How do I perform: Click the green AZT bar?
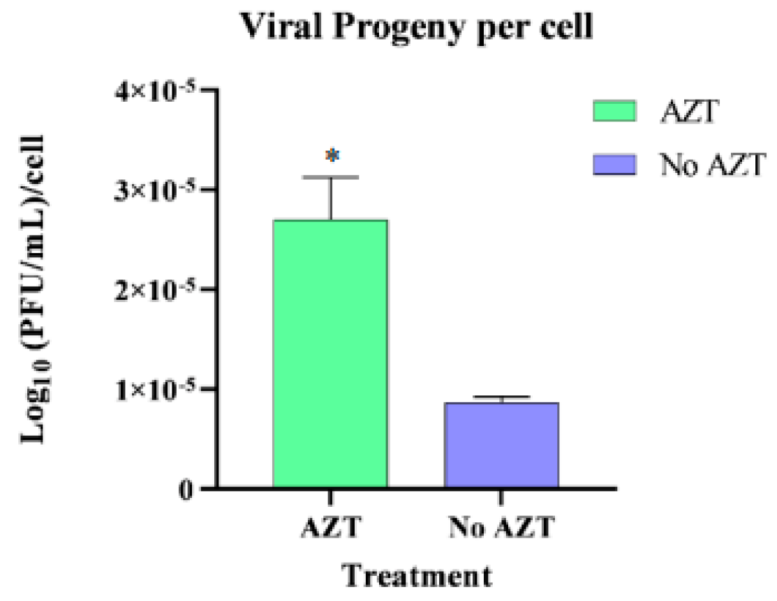click(x=330, y=353)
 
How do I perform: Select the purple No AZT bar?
click(x=501, y=444)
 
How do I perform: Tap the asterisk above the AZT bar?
click(x=333, y=155)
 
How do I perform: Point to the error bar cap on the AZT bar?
click(x=330, y=177)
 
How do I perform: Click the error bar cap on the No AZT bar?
click(x=501, y=397)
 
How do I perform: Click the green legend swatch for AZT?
click(x=614, y=112)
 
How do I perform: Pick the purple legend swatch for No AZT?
click(x=614, y=165)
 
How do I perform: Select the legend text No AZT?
click(x=713, y=165)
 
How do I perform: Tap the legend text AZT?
click(x=688, y=112)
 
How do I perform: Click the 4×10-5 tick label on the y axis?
click(x=156, y=91)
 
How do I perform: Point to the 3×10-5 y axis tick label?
click(x=156, y=190)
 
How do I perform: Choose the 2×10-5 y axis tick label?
click(x=156, y=289)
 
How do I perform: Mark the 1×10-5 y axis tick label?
click(x=156, y=388)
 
